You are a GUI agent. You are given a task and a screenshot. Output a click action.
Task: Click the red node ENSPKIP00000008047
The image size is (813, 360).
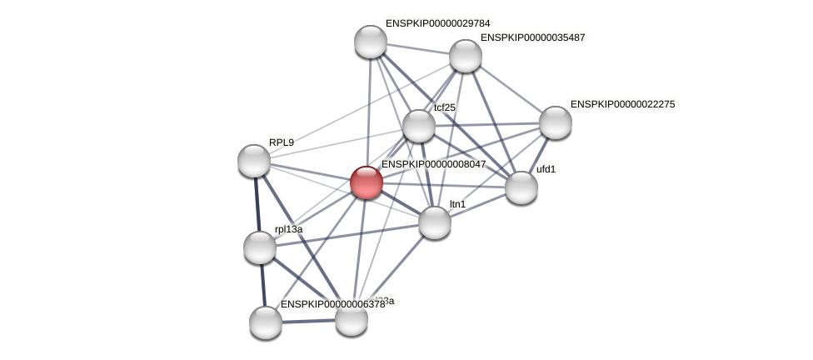[x=366, y=182]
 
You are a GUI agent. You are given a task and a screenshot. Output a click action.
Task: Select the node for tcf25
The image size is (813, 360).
[x=418, y=126]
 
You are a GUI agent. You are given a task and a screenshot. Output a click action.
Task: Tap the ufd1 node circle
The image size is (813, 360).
[x=521, y=187]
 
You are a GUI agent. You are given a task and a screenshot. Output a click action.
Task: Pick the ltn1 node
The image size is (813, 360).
[x=434, y=222]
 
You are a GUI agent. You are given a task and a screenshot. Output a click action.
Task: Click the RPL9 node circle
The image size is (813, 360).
[x=254, y=161]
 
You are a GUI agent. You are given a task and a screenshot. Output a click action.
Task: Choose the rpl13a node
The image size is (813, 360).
[x=260, y=247]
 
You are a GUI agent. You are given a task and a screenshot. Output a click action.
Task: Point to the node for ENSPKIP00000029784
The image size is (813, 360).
[x=371, y=42]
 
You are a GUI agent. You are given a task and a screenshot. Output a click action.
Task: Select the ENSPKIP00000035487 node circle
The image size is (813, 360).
[x=466, y=56]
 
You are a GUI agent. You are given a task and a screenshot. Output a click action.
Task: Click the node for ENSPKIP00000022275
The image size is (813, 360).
[x=555, y=122]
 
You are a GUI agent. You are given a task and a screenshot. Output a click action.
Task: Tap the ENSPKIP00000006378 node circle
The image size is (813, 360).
[x=266, y=322]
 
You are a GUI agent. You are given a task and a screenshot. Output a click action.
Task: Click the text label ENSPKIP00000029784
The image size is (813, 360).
[x=437, y=23]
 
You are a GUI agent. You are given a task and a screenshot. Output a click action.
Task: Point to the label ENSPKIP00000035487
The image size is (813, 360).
[x=532, y=37]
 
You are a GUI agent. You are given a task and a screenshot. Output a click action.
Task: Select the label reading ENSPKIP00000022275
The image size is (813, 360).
[x=622, y=104]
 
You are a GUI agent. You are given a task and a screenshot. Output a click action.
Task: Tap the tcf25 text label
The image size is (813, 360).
[x=445, y=107]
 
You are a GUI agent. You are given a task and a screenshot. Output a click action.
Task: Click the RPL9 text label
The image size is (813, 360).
[x=282, y=142]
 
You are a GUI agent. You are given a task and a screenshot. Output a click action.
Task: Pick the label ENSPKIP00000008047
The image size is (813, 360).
[x=433, y=164]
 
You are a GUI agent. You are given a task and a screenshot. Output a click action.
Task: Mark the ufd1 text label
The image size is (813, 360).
[x=546, y=169]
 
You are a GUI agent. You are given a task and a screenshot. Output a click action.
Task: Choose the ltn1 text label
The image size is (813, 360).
[x=457, y=204]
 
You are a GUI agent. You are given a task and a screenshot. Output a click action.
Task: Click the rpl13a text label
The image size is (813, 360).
[x=288, y=229]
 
